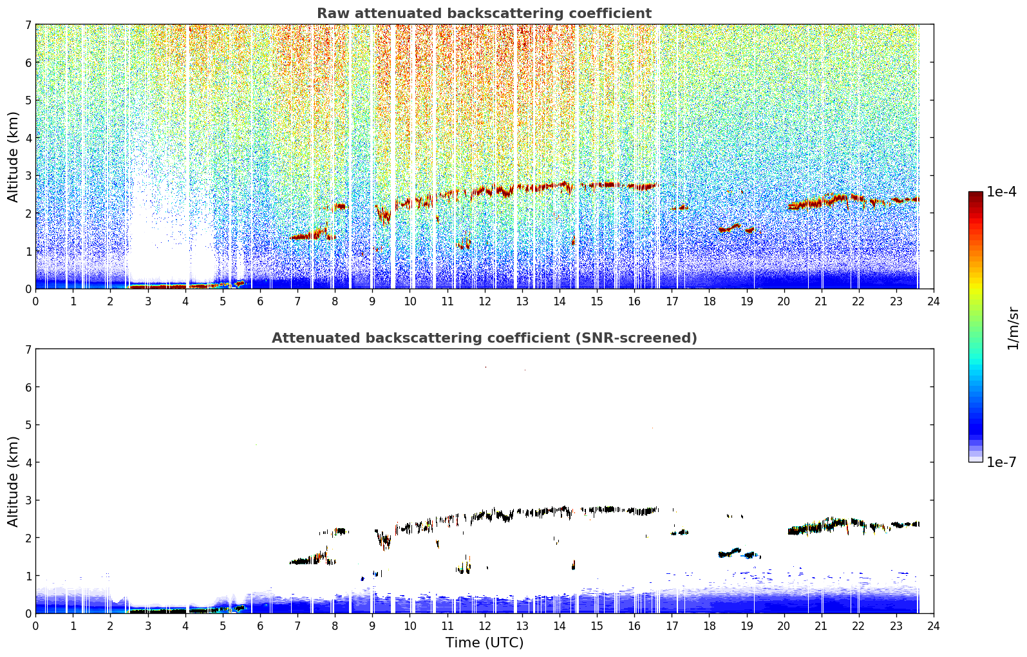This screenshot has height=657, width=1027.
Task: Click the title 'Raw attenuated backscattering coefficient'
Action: click(484, 14)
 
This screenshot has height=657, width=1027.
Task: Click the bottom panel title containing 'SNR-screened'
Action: click(484, 338)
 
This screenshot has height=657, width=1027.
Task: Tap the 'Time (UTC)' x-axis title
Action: click(484, 642)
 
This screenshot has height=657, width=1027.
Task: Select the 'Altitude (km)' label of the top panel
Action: click(13, 157)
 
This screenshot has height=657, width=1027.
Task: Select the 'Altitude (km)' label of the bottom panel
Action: click(13, 481)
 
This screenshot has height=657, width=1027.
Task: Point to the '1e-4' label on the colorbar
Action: click(1001, 192)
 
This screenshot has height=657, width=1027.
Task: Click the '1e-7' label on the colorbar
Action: click(1001, 462)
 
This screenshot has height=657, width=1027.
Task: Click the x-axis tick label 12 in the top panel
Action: click(485, 301)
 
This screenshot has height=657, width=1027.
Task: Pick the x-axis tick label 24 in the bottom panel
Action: click(934, 626)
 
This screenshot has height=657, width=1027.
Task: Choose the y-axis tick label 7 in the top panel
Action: click(28, 24)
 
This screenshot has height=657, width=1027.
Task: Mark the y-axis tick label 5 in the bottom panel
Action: click(28, 425)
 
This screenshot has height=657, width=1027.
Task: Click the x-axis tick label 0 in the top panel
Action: click(36, 301)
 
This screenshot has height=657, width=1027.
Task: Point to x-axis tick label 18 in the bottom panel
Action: click(710, 626)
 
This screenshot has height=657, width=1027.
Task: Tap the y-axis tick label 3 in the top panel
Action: click(28, 176)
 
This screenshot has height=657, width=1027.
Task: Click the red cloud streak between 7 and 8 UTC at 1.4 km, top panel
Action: click(310, 235)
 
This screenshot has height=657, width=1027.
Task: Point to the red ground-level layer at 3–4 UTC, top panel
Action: click(158, 286)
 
